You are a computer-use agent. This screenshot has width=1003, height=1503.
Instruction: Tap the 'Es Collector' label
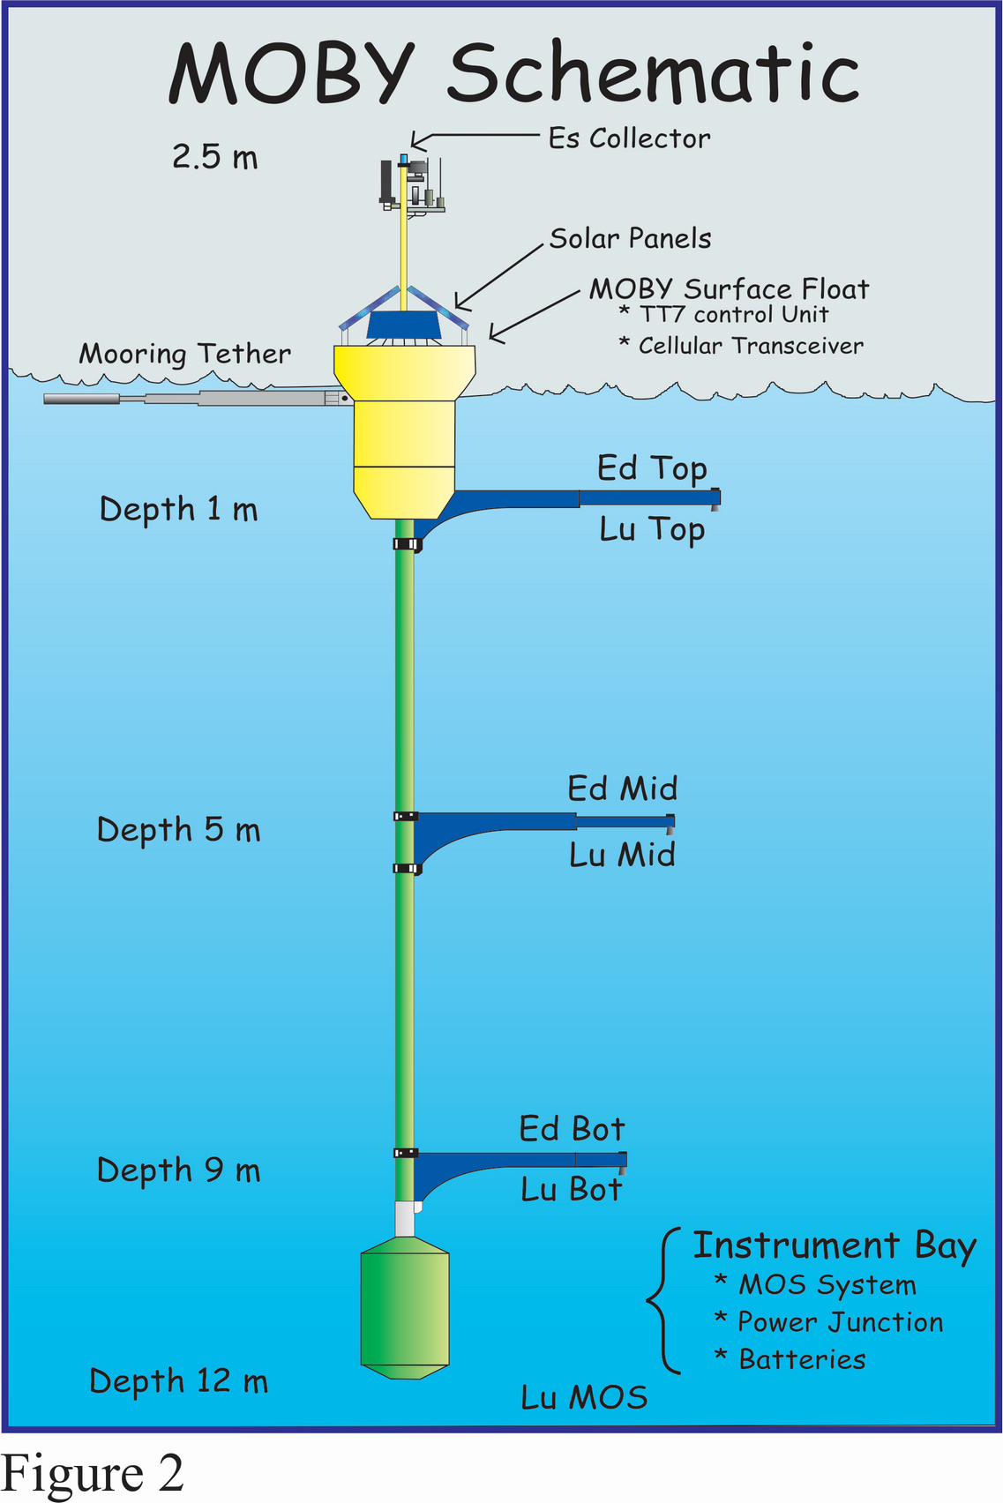(x=629, y=138)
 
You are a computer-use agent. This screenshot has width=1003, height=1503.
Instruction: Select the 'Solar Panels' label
(x=630, y=238)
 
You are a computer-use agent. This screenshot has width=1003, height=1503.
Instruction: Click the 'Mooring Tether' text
(x=185, y=355)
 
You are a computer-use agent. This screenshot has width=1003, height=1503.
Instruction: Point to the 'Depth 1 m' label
(x=178, y=509)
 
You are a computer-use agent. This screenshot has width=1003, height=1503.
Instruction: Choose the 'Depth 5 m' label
(x=178, y=830)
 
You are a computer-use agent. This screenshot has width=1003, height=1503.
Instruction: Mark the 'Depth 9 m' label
(x=178, y=1170)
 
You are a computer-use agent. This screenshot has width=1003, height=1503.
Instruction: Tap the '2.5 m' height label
(x=214, y=157)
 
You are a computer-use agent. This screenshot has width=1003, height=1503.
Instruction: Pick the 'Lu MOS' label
(x=584, y=1398)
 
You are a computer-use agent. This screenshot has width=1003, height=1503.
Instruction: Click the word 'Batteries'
(x=803, y=1360)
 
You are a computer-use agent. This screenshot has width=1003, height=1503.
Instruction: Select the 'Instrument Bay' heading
(x=835, y=1246)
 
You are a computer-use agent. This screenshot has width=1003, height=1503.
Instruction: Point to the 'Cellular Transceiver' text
(x=751, y=347)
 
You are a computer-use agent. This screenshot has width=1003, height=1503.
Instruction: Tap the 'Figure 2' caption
(x=92, y=1474)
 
